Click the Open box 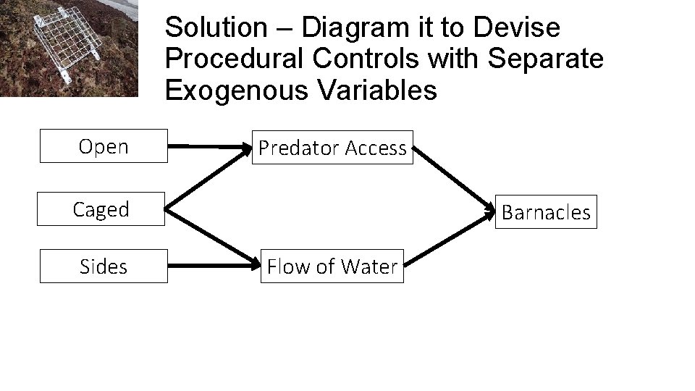click(103, 146)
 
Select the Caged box click(101, 209)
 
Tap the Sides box click(103, 266)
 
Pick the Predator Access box click(332, 148)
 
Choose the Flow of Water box click(332, 266)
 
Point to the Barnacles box click(546, 212)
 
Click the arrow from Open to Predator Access click(209, 146)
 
